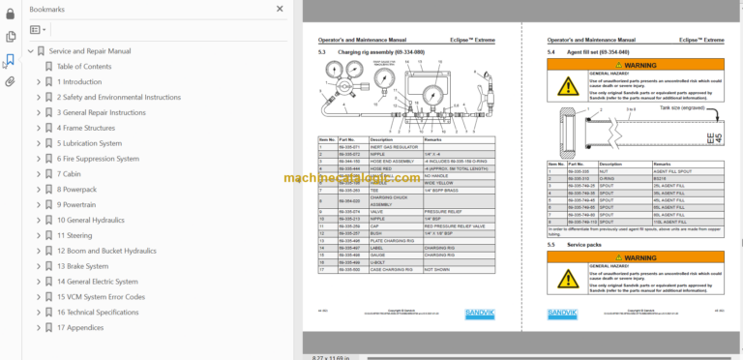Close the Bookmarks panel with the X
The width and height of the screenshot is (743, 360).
(279, 8)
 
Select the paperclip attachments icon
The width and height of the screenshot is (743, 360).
(10, 82)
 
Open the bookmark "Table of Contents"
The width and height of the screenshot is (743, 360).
(84, 66)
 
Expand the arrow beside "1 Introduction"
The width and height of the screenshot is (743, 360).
(39, 81)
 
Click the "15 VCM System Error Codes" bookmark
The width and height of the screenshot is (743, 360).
(101, 296)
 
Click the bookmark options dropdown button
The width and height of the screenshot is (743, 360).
(38, 30)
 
